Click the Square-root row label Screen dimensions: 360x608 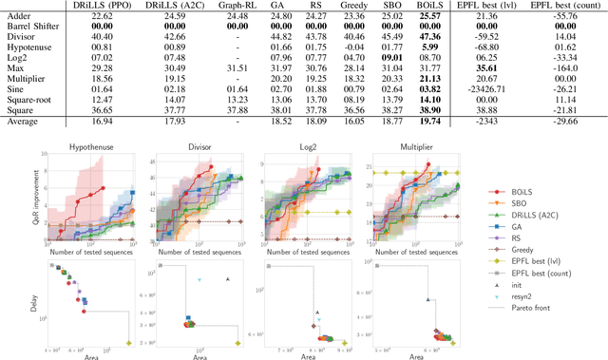30,98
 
